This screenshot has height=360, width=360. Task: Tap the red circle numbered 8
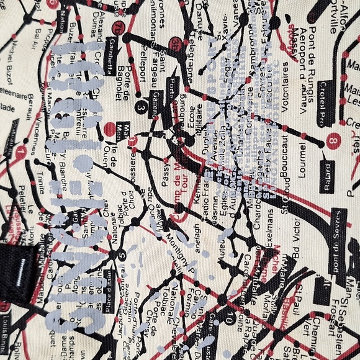click(x=335, y=142)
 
